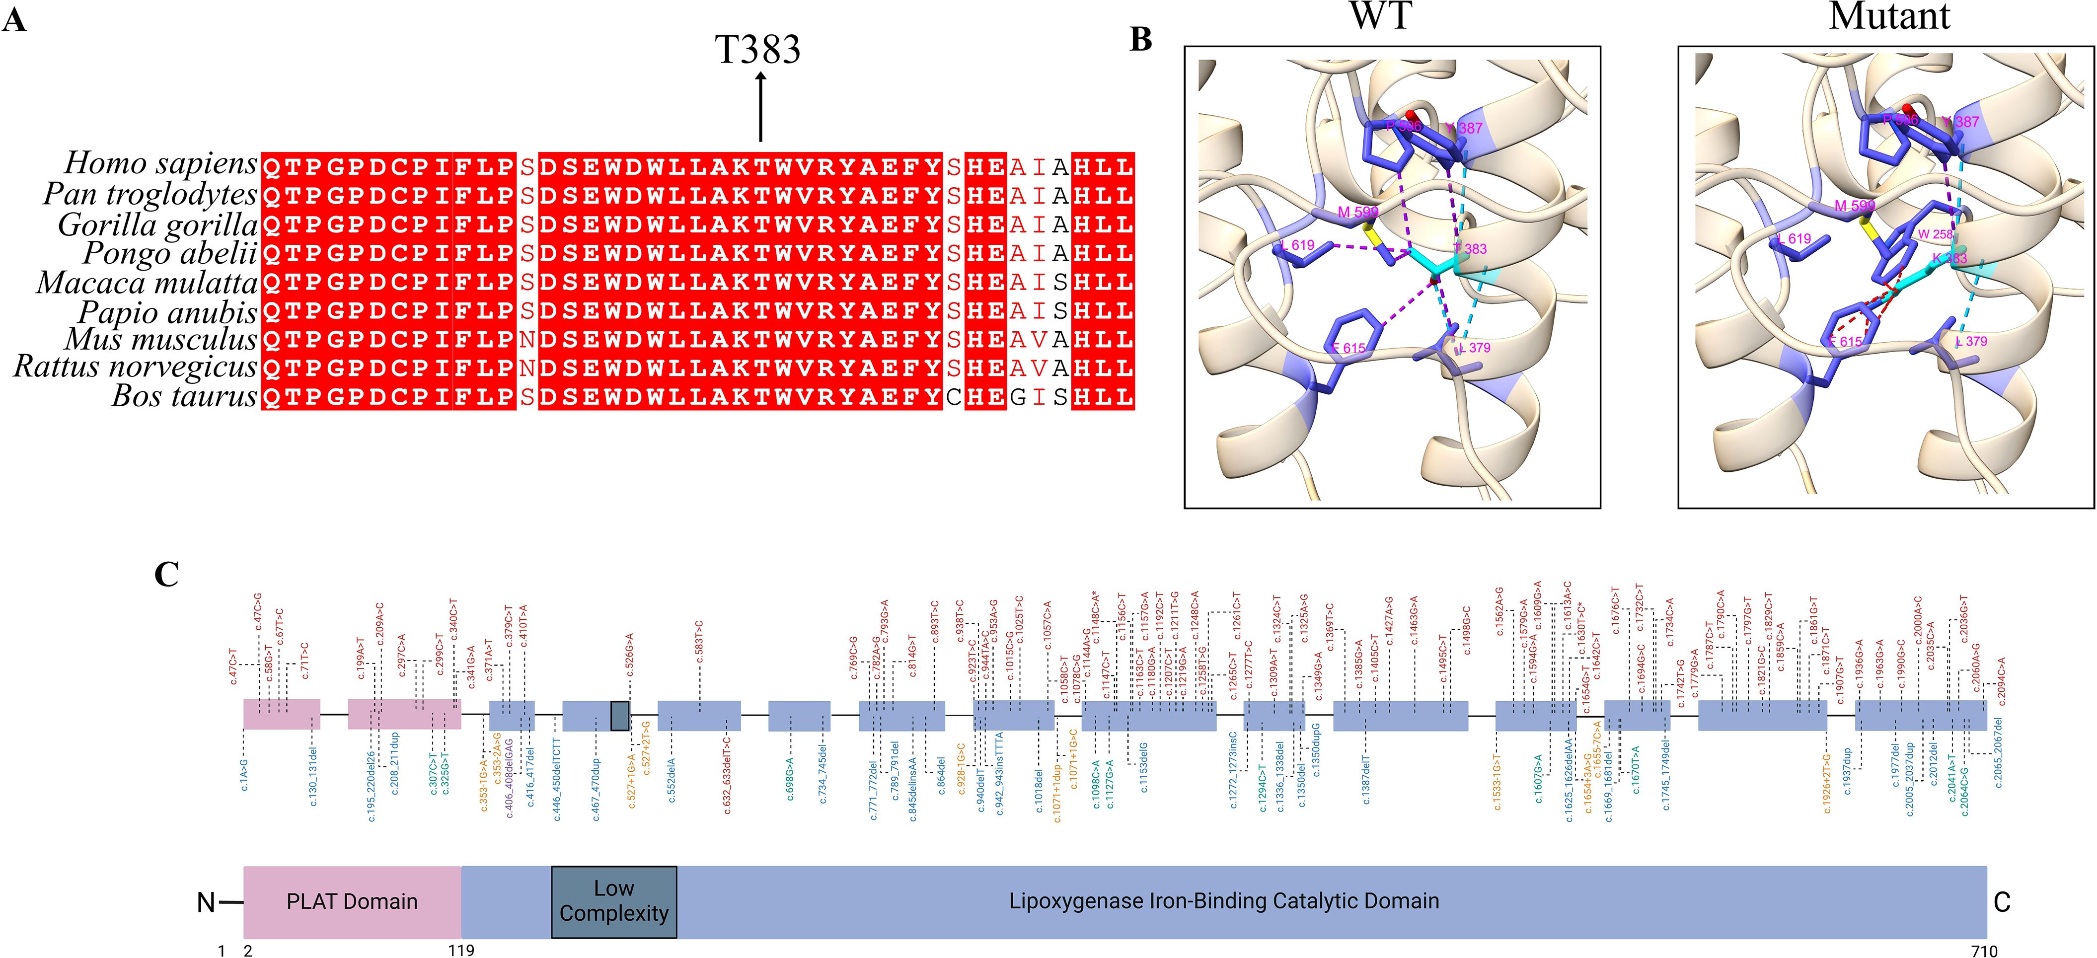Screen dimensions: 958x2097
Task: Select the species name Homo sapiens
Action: point(160,163)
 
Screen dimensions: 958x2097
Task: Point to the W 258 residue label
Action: point(1935,234)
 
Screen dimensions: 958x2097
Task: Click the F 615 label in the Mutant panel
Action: point(1846,342)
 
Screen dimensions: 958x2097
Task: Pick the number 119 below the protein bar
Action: point(461,951)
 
